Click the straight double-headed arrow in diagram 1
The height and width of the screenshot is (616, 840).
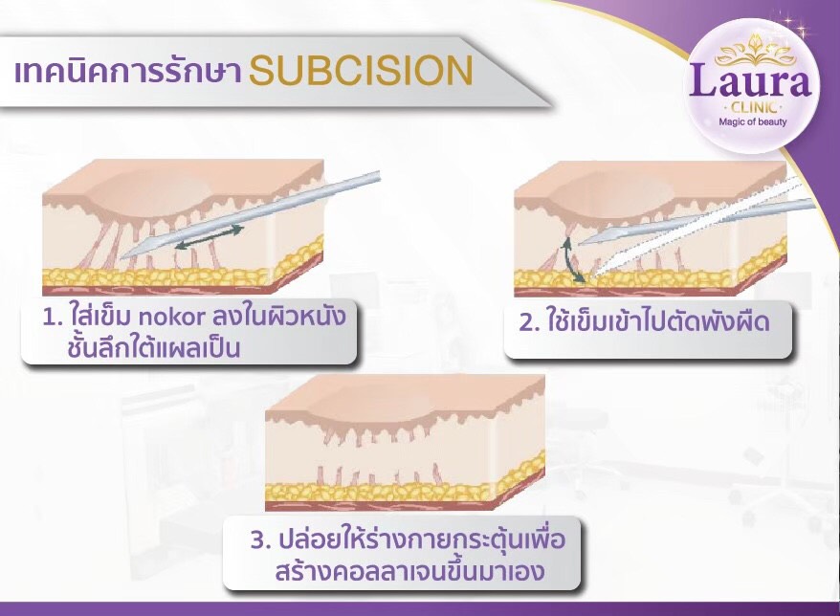tap(209, 240)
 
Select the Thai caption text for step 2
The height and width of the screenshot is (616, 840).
tap(655, 321)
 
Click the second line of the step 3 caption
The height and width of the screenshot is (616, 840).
tap(393, 572)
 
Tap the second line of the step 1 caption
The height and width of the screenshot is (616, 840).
tap(153, 348)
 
